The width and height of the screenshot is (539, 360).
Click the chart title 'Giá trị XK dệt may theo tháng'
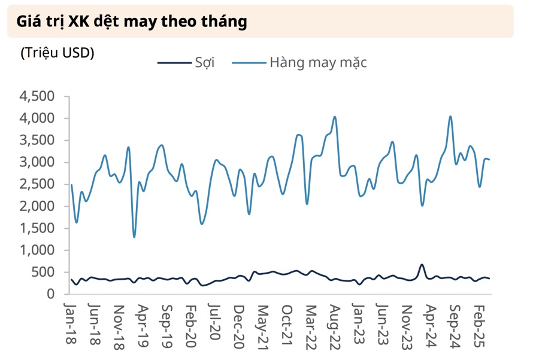[132, 22]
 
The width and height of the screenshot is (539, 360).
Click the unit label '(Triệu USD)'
[57, 53]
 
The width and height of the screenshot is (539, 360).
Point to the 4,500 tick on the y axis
[37, 96]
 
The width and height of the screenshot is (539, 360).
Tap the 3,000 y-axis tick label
[37, 162]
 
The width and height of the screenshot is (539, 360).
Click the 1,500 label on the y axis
[37, 228]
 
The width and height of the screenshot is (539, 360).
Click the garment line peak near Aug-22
[335, 117]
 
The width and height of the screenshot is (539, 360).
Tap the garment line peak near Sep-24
[450, 116]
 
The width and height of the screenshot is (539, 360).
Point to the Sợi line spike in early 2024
[422, 264]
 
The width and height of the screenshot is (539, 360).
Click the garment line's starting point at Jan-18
[72, 184]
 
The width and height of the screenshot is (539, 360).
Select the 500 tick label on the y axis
[42, 272]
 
